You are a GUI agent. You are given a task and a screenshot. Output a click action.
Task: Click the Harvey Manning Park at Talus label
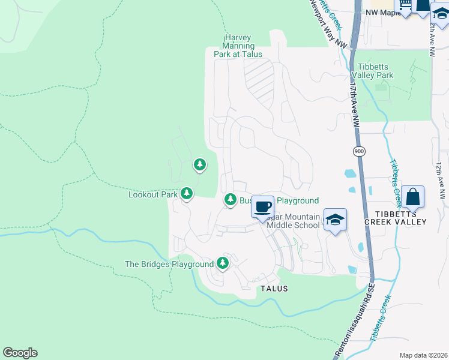238,46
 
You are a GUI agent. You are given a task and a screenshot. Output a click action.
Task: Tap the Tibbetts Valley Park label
375,71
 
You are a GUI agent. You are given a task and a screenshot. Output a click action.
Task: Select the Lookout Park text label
153,194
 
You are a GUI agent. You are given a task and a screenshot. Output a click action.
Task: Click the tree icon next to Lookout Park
187,193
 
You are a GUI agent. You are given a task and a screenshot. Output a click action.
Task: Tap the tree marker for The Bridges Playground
223,263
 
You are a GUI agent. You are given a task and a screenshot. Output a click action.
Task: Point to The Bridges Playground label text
169,264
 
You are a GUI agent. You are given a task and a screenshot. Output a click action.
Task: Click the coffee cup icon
262,207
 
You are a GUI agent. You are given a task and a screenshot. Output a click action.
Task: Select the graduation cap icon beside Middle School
336,220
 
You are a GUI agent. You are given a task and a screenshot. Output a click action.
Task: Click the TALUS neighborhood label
274,289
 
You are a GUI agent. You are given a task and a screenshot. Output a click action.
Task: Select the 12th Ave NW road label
441,180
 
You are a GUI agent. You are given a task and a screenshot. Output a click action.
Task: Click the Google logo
20,353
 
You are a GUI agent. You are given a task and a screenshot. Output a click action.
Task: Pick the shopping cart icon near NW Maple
406,5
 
